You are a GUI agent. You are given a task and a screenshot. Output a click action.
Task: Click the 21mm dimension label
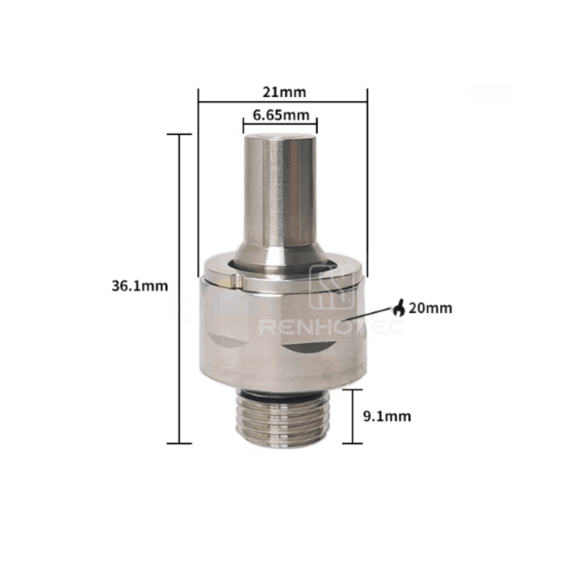pyautogui.click(x=284, y=92)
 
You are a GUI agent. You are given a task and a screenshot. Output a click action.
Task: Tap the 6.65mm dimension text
pyautogui.click(x=281, y=115)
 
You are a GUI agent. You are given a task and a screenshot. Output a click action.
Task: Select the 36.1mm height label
pyautogui.click(x=140, y=286)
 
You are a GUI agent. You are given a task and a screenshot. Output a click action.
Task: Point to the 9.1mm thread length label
pyautogui.click(x=387, y=416)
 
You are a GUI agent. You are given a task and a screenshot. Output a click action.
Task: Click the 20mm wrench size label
pyautogui.click(x=431, y=308)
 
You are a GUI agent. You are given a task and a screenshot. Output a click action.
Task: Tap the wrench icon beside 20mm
pyautogui.click(x=398, y=308)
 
